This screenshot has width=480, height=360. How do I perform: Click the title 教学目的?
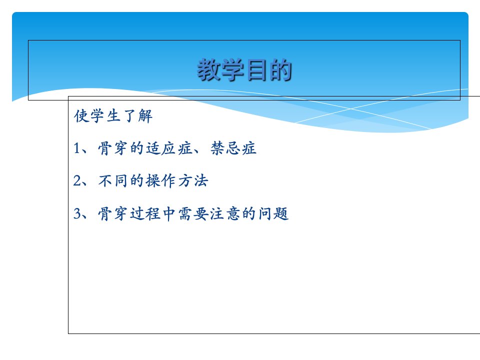(244, 70)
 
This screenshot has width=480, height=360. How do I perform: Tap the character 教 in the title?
(209, 70)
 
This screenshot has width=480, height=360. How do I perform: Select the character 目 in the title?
(256, 70)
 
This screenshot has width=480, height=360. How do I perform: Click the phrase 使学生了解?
(113, 116)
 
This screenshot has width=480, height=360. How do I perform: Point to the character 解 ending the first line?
(145, 116)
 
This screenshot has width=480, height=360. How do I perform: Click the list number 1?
(77, 148)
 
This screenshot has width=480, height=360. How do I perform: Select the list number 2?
(77, 180)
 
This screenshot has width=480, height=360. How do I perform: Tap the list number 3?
(77, 213)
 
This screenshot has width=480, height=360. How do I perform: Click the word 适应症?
(169, 148)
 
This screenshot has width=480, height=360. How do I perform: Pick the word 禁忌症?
(233, 148)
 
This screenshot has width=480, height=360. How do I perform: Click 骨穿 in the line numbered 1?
(112, 148)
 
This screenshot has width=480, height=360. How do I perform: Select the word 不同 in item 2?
(112, 180)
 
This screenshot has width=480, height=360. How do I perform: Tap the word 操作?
(160, 180)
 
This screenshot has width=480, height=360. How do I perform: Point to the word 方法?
(193, 180)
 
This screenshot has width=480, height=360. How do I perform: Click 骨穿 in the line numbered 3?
(112, 213)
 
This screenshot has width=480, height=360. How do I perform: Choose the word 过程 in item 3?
(145, 213)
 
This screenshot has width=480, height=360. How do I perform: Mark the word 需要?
(193, 213)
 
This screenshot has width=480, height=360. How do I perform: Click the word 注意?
(225, 213)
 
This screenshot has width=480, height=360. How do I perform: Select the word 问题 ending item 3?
(273, 213)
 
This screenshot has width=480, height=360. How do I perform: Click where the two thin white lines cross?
(351, 108)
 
